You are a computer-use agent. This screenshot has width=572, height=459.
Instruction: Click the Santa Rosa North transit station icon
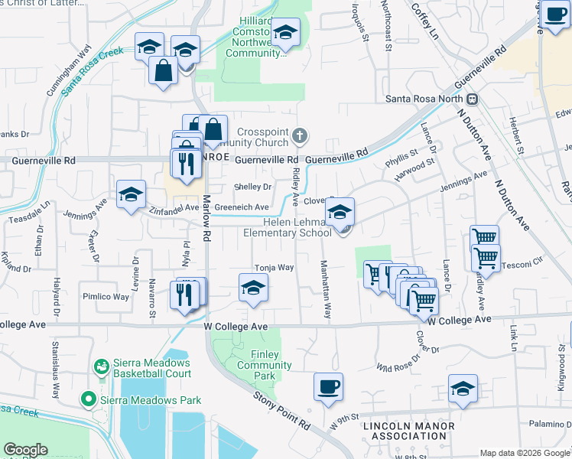[473, 99]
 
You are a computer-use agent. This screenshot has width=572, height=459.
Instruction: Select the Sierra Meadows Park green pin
[89, 400]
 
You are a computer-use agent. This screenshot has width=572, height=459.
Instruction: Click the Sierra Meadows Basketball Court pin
[100, 368]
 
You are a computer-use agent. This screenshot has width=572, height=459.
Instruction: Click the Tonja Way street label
[274, 268]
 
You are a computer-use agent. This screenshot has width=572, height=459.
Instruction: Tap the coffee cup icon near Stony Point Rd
[328, 386]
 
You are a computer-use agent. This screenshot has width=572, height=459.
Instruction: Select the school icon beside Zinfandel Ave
[131, 195]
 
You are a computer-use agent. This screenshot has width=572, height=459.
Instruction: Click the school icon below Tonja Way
[253, 288]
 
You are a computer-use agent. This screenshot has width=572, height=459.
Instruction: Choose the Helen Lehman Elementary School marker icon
[340, 212]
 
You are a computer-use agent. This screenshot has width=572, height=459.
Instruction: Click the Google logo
[26, 450]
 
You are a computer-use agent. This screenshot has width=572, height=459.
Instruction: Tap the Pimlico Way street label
[106, 296]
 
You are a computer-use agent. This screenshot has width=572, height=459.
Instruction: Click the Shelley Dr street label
[252, 187]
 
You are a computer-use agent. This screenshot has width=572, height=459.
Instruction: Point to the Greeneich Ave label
[242, 207]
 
